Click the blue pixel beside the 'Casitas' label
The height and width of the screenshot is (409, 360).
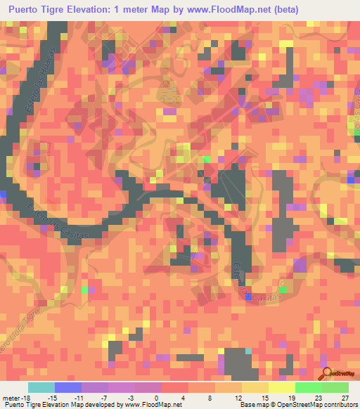click(x=248, y=297)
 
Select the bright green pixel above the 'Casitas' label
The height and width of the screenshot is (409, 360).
click(x=282, y=289)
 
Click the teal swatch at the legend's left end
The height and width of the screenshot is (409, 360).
click(x=41, y=387)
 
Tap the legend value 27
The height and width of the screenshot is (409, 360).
click(x=345, y=398)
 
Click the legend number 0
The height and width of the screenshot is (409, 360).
click(x=157, y=398)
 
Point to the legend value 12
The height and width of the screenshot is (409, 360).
click(x=238, y=398)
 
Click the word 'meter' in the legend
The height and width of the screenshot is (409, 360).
click(x=12, y=398)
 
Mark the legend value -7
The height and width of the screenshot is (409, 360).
click(x=103, y=398)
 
